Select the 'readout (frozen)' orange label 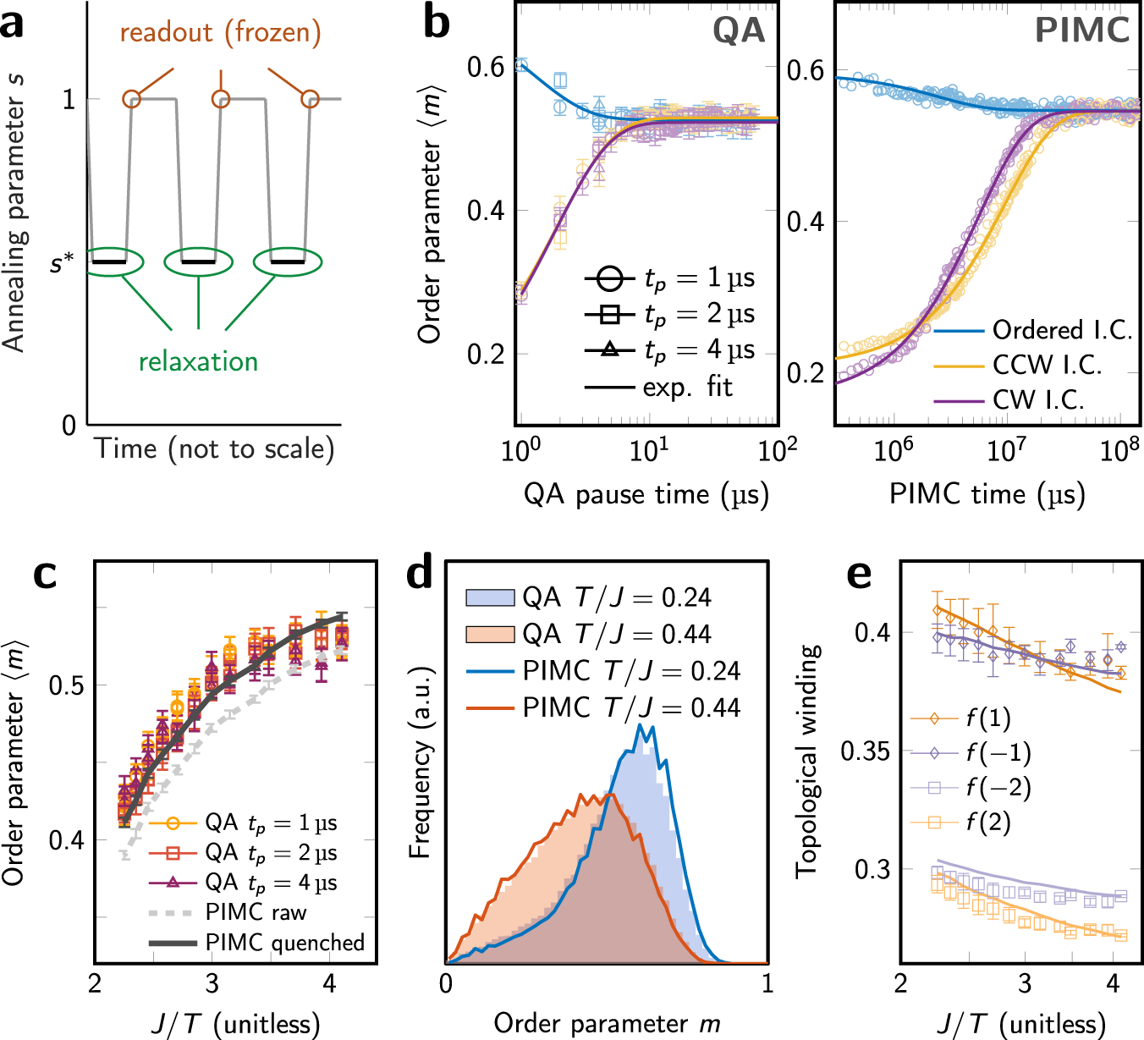point(220,33)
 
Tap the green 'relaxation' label point(198,361)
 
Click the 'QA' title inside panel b point(738,31)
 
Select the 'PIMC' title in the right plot point(1081,31)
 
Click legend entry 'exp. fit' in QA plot point(687,387)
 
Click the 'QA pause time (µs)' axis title point(646,494)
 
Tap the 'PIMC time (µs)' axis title point(987,494)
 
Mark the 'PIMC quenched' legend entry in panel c point(284,943)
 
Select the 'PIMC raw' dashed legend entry point(256,912)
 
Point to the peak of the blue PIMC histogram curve point(641,725)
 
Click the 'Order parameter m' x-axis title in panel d point(607,1024)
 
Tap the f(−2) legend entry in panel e point(998,788)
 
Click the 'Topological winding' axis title point(808,761)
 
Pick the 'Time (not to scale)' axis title point(214,448)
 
